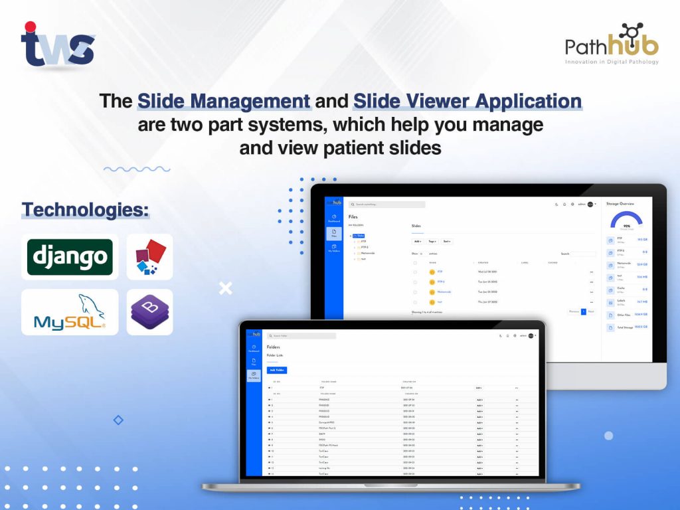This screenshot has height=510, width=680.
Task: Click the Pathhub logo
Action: (612, 44)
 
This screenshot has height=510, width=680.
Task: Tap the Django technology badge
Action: (70, 256)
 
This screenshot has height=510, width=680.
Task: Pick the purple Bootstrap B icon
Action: (149, 311)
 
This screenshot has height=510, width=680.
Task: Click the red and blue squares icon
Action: (149, 257)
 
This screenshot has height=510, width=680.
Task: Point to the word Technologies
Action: (85, 211)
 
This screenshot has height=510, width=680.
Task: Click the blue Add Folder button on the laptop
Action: (277, 370)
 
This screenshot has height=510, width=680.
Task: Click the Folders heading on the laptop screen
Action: (274, 347)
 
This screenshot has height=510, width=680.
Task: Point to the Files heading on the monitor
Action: (353, 216)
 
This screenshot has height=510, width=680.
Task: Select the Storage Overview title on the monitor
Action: (620, 204)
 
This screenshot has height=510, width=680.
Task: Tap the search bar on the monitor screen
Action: (387, 205)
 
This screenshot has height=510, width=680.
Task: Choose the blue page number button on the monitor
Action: (584, 311)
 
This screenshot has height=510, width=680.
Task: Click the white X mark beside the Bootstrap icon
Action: (226, 288)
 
